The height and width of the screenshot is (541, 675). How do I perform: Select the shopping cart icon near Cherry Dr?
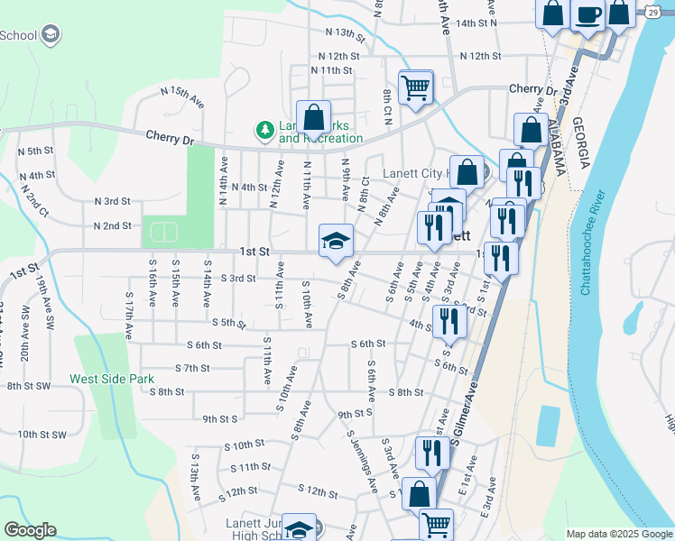pos(416,87)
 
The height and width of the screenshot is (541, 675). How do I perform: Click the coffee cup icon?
pos(587,15)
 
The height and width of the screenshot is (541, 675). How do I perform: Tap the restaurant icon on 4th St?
pos(448,321)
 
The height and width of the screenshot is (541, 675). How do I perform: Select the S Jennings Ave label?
pos(363,459)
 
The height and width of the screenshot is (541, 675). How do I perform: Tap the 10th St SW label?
pos(42,435)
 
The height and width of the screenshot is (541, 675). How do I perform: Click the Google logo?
pos(30,530)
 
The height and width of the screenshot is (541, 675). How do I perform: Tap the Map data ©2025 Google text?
pos(618,534)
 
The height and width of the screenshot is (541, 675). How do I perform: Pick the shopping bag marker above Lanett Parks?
pos(313,117)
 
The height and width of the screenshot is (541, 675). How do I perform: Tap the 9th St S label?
pos(219,418)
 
